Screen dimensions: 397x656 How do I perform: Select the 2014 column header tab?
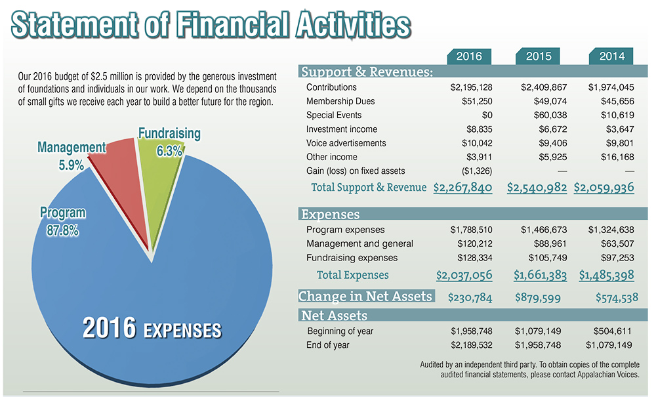click(x=611, y=56)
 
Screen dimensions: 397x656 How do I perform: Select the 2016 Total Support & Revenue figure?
click(x=462, y=188)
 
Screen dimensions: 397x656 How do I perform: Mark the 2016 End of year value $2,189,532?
click(x=471, y=345)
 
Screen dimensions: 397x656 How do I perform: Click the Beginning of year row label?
click(x=340, y=331)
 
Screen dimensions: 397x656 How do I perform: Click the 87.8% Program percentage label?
click(x=62, y=231)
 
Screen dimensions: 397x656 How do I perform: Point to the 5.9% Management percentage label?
click(x=71, y=165)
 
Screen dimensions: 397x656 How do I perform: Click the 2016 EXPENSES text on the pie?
click(x=152, y=329)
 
